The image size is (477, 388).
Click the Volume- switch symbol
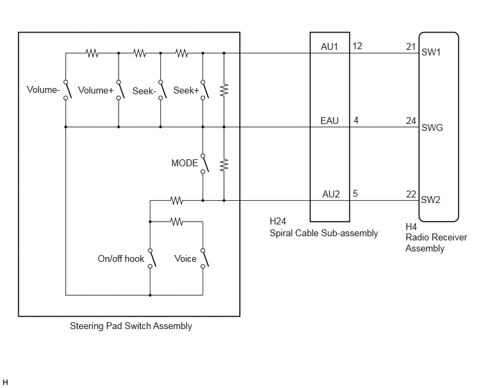pos(67,89)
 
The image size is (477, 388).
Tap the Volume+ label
pos(96,90)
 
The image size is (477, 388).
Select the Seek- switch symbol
pos(163,89)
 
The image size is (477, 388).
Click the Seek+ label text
pos(186,90)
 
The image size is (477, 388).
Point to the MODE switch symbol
pos(205,164)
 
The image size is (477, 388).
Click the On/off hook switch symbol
pos(152,258)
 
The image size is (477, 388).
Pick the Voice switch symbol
pos(205,258)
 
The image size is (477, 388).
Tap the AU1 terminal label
pos(329,46)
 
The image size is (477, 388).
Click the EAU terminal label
pos(329,121)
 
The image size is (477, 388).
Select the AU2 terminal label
pos(331,194)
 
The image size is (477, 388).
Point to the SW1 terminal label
pos(431,52)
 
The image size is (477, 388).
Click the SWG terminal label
pos(432,127)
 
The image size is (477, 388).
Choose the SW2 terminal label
pos(431,200)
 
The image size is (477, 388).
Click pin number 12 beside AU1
pos(357,46)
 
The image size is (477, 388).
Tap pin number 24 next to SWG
pos(411,121)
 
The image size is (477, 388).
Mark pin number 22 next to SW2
pos(411,194)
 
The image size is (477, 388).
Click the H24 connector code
pos(278,221)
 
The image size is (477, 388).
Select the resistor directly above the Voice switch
pos(176,222)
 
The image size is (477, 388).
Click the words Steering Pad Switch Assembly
pos(131,326)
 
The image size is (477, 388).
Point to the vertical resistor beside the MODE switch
pos(224,164)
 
